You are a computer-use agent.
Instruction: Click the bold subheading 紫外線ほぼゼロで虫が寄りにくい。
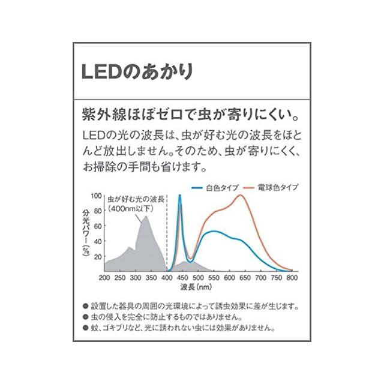click(191, 113)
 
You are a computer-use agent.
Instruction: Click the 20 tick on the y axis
click(98, 256)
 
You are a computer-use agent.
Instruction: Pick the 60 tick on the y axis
click(98, 226)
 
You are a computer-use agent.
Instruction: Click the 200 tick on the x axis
click(104, 278)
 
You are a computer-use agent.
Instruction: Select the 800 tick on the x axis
click(292, 278)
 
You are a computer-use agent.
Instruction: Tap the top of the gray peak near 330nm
click(145, 216)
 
